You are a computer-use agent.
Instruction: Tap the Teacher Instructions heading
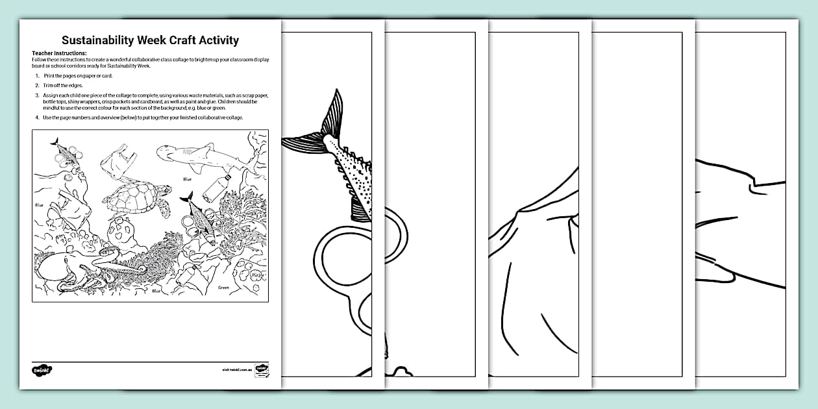tap(59, 53)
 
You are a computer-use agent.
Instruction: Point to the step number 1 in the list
tap(37, 76)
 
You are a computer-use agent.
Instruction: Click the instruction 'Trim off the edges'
tap(64, 86)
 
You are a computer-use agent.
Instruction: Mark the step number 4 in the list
tap(37, 117)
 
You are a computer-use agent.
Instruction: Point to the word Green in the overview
tap(223, 287)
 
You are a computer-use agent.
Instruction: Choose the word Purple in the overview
tap(257, 276)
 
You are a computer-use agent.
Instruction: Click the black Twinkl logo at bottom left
tap(41, 369)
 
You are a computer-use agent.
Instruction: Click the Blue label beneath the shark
tap(187, 179)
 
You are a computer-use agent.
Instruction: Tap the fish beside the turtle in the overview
tap(198, 217)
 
